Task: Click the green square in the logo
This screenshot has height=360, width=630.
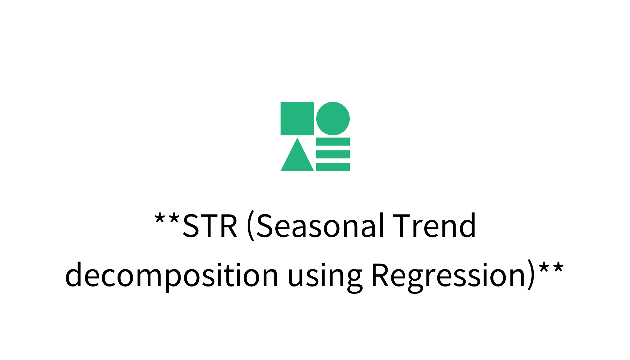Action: click(297, 118)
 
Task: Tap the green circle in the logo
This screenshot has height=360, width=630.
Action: click(333, 118)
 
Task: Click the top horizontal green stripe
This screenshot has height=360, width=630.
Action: click(333, 142)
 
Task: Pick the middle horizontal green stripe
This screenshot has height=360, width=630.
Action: click(333, 154)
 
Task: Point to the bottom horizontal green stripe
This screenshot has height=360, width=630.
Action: click(333, 167)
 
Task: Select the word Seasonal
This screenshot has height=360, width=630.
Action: click(320, 226)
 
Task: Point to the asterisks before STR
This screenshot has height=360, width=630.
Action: click(167, 219)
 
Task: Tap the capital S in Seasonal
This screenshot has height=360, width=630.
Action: click(265, 226)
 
